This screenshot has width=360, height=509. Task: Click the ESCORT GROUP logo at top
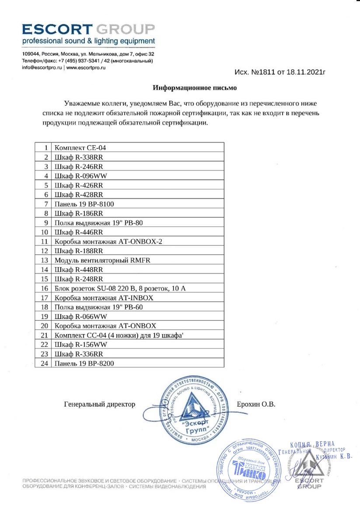(x=88, y=30)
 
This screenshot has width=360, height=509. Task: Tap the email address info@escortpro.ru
(x=42, y=68)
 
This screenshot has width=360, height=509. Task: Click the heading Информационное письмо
(x=195, y=88)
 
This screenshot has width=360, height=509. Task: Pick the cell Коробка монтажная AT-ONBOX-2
(x=104, y=241)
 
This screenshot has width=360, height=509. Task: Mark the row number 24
(x=43, y=363)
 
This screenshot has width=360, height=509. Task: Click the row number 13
(x=43, y=260)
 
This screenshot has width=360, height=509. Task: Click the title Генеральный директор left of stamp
(x=99, y=404)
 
